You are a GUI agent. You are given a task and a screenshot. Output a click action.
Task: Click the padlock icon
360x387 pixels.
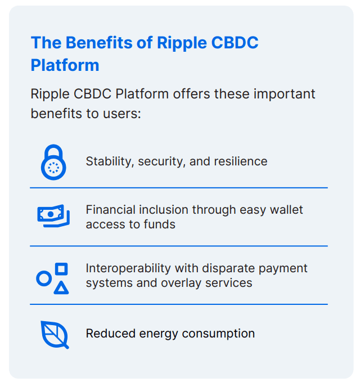coord(53,162)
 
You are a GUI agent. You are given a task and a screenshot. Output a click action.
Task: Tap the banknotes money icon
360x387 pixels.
coord(53,216)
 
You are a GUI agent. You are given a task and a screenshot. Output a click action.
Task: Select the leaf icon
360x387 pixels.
coord(54,334)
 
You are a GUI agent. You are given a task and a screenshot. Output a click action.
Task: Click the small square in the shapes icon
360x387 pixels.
coord(62,269)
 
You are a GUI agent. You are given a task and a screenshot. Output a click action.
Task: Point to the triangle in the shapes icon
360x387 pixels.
coord(61,288)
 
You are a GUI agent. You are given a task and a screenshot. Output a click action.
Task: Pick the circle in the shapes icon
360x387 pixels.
coord(44,278)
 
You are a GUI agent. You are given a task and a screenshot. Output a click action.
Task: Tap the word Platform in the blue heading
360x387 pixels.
coord(65,65)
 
